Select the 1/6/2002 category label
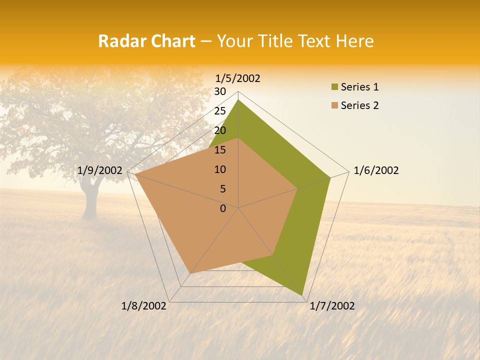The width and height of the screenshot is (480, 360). (376, 170)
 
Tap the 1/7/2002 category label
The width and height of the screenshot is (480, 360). (332, 306)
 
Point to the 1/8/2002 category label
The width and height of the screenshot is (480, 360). (144, 306)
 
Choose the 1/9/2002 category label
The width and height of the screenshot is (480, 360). (100, 170)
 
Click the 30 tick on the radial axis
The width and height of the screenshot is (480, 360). (220, 91)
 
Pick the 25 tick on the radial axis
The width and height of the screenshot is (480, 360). (220, 111)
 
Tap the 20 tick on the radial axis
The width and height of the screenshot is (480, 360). (220, 130)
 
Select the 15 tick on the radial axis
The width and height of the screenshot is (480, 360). (220, 150)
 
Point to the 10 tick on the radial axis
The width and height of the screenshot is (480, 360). (220, 169)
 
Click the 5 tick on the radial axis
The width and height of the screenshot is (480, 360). (222, 189)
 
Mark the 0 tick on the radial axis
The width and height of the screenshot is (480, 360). (223, 208)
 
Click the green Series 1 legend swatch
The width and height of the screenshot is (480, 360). (334, 87)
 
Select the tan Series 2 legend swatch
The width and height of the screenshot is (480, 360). (334, 105)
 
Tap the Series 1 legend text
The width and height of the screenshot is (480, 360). (359, 87)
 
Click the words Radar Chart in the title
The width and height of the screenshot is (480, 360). (146, 41)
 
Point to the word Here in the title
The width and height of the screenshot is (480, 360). (354, 41)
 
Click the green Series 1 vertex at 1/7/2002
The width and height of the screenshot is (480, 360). (302, 295)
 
